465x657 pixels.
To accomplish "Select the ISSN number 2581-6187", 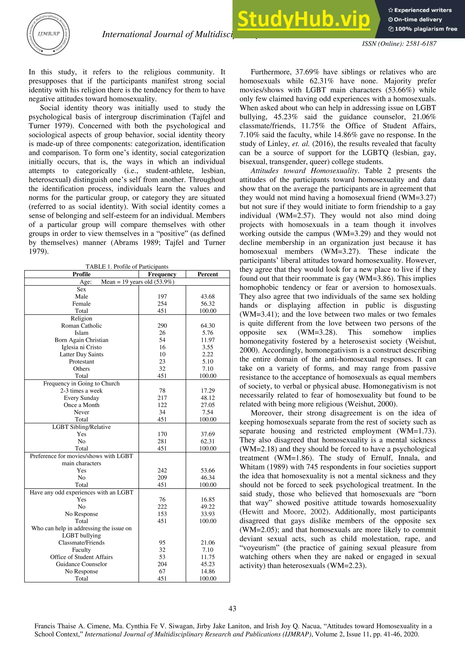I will tap(421, 44).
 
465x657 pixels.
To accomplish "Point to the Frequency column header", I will tap(162, 274).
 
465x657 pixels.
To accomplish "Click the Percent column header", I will tap(208, 274).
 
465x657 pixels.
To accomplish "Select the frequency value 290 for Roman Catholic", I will tap(162, 326).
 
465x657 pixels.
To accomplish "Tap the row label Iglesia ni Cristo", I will tap(81, 347).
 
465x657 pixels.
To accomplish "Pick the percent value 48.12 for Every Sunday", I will tap(208, 398).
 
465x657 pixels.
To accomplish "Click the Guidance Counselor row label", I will tap(81, 564).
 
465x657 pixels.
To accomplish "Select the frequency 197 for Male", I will tap(162, 296).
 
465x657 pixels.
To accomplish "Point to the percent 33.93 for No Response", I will tap(208, 514).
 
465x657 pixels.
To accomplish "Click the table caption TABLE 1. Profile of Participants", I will tap(127, 266).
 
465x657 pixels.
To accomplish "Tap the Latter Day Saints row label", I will tap(81, 354).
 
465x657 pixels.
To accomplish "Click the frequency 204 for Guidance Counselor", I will tap(162, 564).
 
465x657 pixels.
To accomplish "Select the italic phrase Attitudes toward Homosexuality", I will tap(304, 171).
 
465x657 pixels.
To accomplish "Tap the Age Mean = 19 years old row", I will tap(127, 282).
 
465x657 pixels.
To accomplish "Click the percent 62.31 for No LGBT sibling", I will tap(208, 441).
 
